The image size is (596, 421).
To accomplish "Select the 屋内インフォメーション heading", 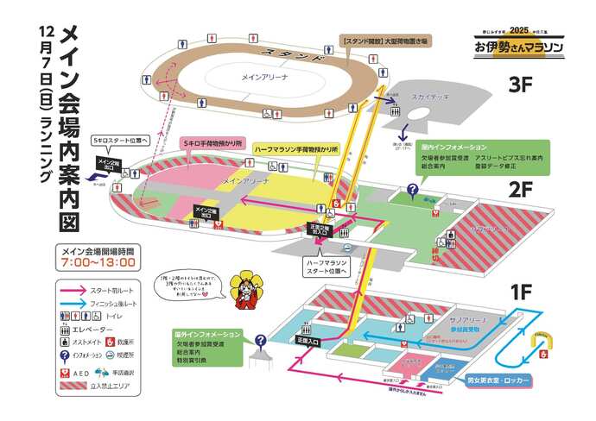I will pyautogui.click(x=444, y=148).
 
